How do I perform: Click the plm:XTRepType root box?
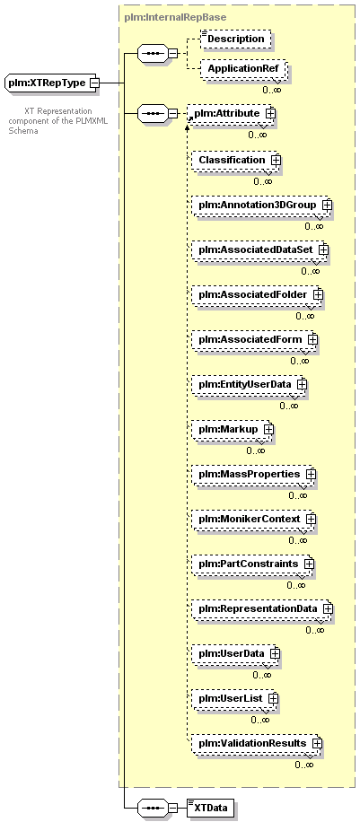point(50,83)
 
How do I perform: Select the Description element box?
point(236,39)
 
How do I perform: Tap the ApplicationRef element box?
point(242,68)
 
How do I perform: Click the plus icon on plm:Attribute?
point(271,113)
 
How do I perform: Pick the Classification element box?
point(234,160)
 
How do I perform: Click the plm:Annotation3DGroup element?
point(260,205)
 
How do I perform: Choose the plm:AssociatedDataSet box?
point(259,249)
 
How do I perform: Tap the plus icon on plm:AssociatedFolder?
point(317,294)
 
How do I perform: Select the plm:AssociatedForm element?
point(253,339)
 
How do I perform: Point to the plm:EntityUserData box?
point(247,384)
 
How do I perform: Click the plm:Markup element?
point(231,429)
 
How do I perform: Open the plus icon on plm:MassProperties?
point(311,474)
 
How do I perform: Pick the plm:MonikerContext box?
point(252,519)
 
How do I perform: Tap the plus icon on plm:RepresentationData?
point(328,608)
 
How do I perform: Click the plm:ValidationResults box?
point(255,743)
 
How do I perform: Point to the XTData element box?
point(210,808)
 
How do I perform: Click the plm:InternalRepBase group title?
point(175,17)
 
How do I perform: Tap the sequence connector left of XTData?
point(153,808)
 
